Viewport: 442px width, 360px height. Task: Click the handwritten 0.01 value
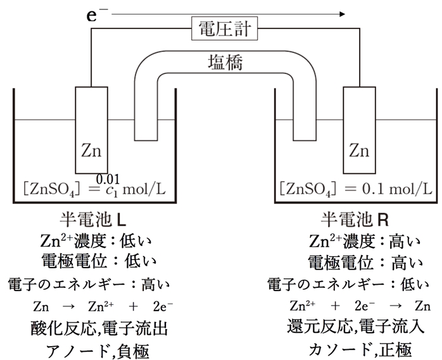coord(107,179)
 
